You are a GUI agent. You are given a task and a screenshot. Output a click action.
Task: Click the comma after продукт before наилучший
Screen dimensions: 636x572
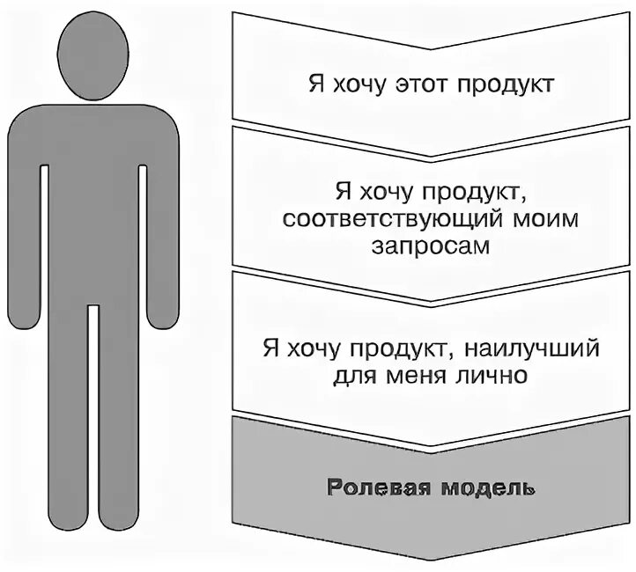[450, 354]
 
